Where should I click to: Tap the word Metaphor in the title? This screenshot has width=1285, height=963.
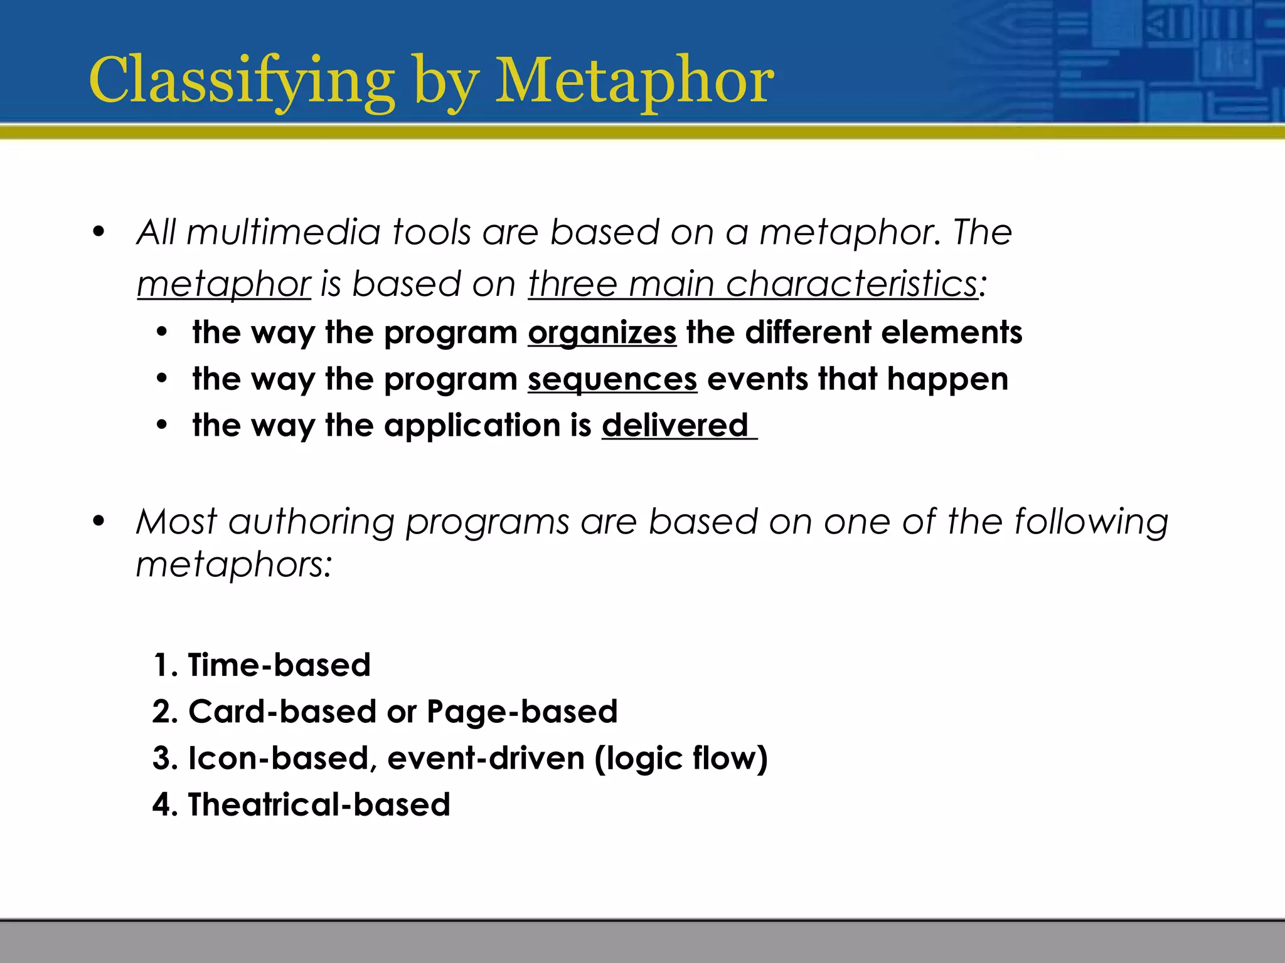click(634, 82)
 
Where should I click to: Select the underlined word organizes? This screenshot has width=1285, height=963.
click(602, 332)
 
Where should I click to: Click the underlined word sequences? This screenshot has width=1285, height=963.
click(612, 379)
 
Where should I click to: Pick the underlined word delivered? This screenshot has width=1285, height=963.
click(675, 426)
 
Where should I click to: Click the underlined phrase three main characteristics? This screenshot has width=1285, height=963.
click(752, 283)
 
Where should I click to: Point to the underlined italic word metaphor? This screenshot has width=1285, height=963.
click(224, 284)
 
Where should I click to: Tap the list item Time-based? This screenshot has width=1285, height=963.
click(279, 665)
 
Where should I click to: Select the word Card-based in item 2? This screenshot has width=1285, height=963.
click(281, 712)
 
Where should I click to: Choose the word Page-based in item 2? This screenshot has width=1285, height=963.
click(522, 712)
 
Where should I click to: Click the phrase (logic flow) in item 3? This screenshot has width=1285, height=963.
click(681, 758)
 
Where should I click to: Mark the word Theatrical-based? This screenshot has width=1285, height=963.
click(319, 804)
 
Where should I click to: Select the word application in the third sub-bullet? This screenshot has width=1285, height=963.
click(472, 426)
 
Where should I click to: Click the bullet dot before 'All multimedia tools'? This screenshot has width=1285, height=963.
click(99, 232)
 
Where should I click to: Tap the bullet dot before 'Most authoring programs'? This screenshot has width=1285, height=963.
click(99, 521)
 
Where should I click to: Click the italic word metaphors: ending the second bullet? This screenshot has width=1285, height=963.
click(234, 565)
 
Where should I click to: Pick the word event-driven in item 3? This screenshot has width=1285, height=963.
click(486, 758)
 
